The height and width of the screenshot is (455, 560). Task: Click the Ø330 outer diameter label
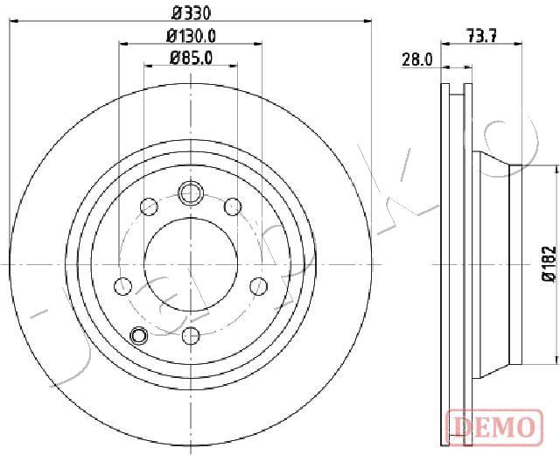coord(192,13)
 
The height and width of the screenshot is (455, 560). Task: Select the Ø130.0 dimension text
coord(192,35)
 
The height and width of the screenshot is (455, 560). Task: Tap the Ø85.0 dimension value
coord(192,58)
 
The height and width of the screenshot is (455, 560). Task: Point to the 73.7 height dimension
coord(482,35)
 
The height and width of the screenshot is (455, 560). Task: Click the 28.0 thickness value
coord(417,59)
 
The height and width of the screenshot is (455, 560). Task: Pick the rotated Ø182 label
coord(549,264)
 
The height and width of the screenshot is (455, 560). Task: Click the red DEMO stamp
coord(494,428)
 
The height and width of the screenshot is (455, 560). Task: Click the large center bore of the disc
coord(191,264)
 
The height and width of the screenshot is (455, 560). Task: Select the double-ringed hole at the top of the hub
coord(191,193)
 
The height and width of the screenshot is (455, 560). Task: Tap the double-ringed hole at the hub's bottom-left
coord(138,336)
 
